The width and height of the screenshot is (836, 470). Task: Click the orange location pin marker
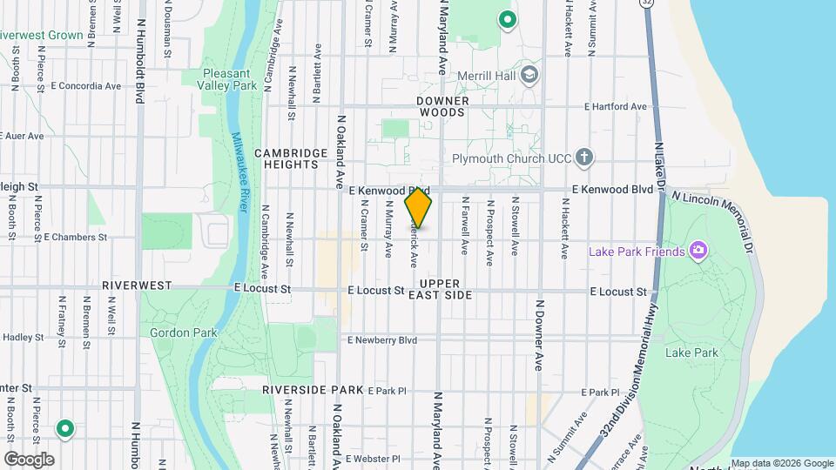[x=419, y=208]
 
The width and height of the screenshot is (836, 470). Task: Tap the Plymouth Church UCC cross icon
[x=585, y=158]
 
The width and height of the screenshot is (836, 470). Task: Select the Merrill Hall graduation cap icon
[x=529, y=76]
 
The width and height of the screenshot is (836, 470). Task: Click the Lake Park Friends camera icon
[x=698, y=252]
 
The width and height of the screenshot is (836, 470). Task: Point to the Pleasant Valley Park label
[x=231, y=80]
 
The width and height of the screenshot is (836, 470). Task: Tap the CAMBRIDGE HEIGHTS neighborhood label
[x=291, y=158]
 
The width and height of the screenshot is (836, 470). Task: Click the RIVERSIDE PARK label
[x=313, y=391]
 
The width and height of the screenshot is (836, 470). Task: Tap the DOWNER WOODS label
[x=443, y=106]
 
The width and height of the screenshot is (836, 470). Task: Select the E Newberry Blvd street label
[x=382, y=340]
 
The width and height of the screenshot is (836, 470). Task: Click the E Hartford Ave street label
[x=616, y=107]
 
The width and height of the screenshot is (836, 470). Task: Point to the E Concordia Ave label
[x=86, y=86]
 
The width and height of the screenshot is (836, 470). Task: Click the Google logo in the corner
[x=29, y=459]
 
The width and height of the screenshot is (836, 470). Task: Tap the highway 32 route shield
[x=645, y=4]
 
